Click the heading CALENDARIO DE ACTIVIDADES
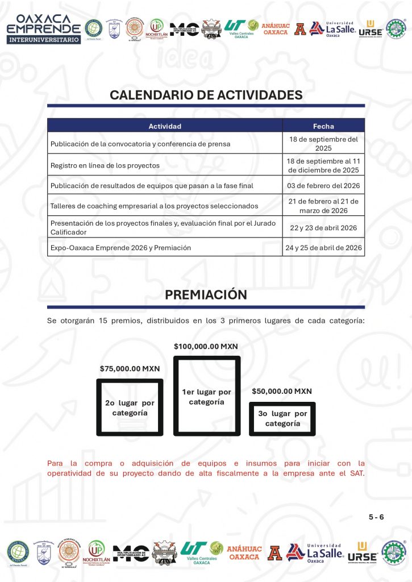click(206, 95)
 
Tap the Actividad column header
click(165, 126)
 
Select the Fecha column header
click(323, 126)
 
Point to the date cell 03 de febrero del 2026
click(323, 186)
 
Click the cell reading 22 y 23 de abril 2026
click(323, 228)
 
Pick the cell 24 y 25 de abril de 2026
click(323, 248)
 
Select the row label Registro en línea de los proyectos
click(105, 165)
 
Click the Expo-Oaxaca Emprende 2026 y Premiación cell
click(120, 248)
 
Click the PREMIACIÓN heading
click(206, 295)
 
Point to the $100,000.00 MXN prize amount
click(206, 346)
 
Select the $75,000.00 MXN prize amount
click(130, 368)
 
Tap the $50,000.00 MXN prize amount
click(282, 391)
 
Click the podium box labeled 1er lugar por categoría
click(206, 396)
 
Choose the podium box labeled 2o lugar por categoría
click(130, 408)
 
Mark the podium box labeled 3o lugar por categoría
click(282, 419)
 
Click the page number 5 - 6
click(376, 517)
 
